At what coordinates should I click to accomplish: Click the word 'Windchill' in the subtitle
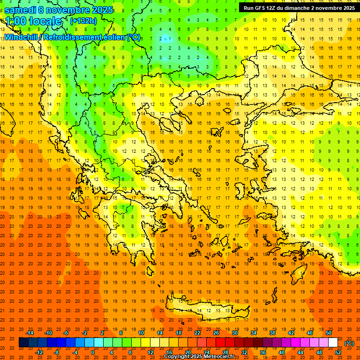click(x=21, y=37)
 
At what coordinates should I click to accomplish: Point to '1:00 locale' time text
click(x=34, y=21)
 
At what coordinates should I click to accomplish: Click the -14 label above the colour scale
click(x=30, y=332)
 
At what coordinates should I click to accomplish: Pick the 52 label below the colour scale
click(x=337, y=352)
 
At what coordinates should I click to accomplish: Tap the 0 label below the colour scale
click(x=92, y=352)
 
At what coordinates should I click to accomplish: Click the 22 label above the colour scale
click(x=197, y=332)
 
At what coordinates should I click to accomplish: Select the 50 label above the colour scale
click(x=329, y=332)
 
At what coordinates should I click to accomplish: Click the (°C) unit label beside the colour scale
click(x=349, y=343)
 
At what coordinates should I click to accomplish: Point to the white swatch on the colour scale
click(x=333, y=343)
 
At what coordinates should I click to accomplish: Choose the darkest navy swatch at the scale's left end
click(x=23, y=343)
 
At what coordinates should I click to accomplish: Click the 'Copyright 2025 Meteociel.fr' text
click(x=199, y=357)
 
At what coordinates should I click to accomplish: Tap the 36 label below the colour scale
click(x=262, y=352)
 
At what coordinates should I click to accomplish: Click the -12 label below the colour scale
click(x=39, y=352)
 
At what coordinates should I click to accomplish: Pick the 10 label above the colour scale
click(x=141, y=332)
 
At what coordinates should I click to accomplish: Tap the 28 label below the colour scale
click(x=225, y=352)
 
